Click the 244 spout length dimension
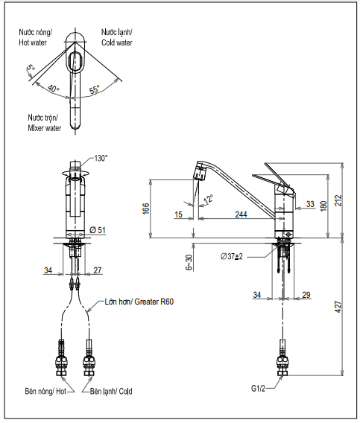click(x=241, y=214)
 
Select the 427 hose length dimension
click(x=338, y=307)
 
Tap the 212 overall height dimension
click(x=338, y=200)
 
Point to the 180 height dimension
click(x=323, y=206)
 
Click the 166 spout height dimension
click(x=145, y=209)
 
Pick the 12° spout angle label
click(x=208, y=200)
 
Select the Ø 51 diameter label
click(x=98, y=230)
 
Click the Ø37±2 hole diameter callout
click(x=232, y=256)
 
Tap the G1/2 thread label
click(x=258, y=389)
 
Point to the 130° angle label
click(x=101, y=158)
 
